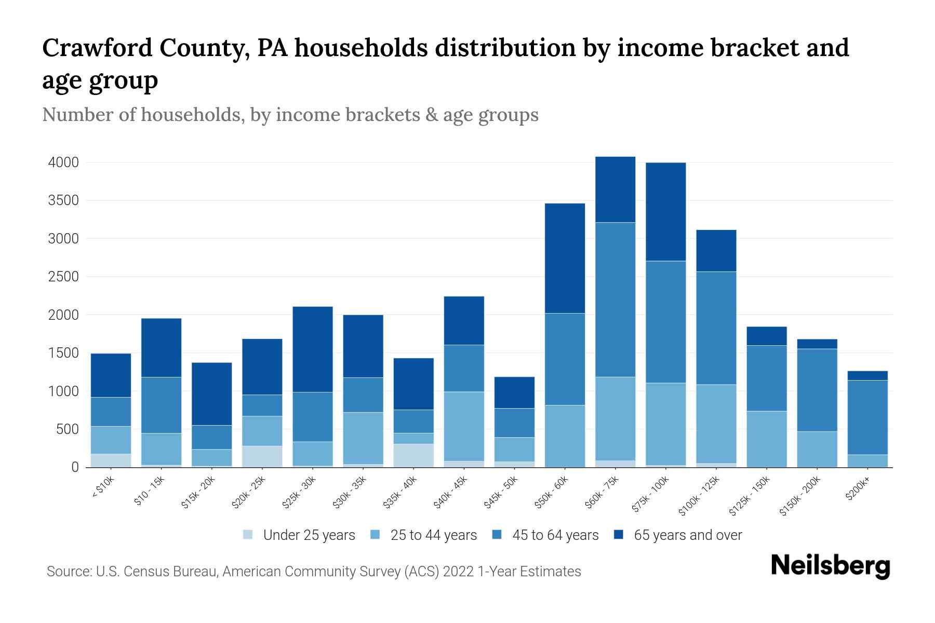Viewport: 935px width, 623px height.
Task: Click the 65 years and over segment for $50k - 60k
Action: click(x=565, y=258)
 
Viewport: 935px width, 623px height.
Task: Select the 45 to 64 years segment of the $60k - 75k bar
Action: click(x=615, y=300)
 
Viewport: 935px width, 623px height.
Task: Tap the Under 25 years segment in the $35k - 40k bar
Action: click(x=413, y=455)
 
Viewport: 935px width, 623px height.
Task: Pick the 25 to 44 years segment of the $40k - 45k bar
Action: click(x=464, y=426)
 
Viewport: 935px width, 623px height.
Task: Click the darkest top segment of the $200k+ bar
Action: click(x=867, y=376)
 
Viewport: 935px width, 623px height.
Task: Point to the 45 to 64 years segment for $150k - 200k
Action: click(x=817, y=390)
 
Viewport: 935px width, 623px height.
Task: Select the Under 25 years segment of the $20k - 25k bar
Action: click(x=262, y=456)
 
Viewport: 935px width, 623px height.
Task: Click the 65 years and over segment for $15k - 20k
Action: click(x=211, y=394)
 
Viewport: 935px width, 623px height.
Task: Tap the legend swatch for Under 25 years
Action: click(x=248, y=535)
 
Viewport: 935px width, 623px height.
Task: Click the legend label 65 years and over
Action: click(x=687, y=535)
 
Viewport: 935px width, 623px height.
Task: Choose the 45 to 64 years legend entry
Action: click(x=555, y=535)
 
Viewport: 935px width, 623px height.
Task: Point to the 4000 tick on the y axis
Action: click(x=63, y=162)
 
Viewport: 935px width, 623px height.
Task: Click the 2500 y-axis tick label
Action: click(x=63, y=277)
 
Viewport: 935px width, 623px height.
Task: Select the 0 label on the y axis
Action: click(x=75, y=467)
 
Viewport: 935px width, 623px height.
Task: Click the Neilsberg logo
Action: click(x=830, y=566)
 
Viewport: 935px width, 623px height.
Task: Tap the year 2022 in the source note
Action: click(x=459, y=572)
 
